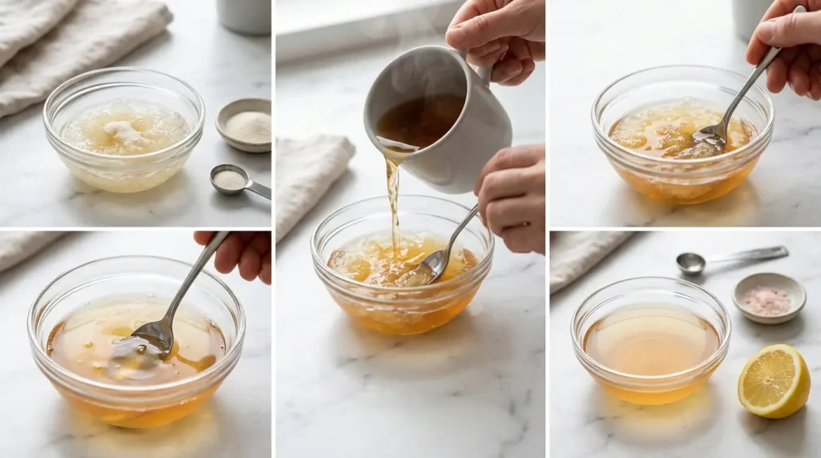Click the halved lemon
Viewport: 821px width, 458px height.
tap(774, 381)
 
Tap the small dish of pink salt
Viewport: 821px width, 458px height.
tap(769, 298)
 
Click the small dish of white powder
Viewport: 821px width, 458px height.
tap(244, 125)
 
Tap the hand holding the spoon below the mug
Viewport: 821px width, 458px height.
tap(513, 197)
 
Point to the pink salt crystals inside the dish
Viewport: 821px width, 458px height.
tap(768, 300)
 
